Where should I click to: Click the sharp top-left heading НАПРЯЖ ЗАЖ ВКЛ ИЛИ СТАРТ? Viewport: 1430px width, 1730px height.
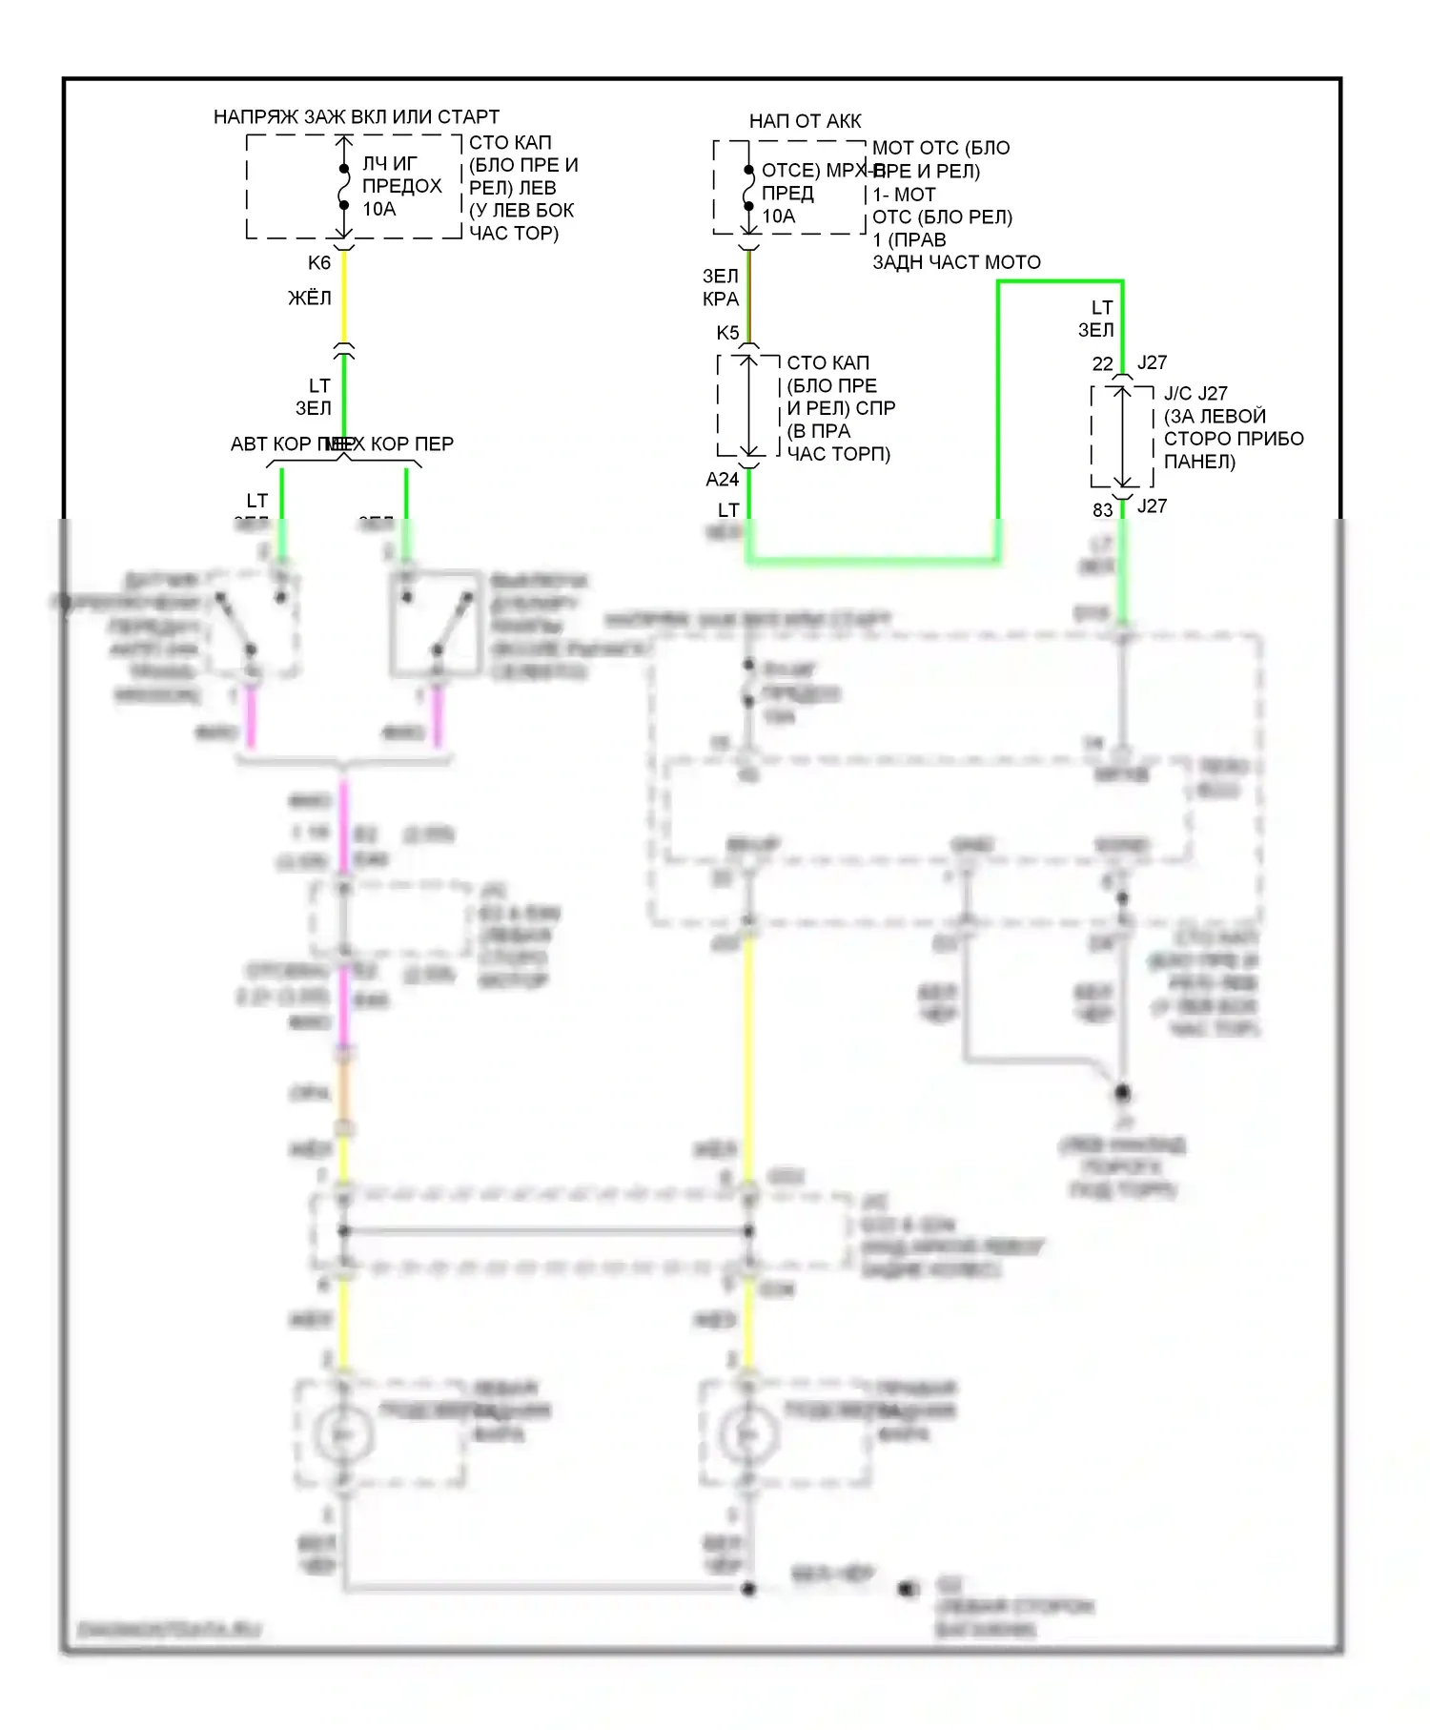[356, 117]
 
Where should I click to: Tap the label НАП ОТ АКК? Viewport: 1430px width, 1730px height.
[805, 121]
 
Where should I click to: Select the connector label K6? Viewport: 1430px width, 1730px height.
[319, 262]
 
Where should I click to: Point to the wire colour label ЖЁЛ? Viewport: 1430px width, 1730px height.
[310, 299]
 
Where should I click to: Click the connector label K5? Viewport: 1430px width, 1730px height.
[727, 333]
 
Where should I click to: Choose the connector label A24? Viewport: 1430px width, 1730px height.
[723, 480]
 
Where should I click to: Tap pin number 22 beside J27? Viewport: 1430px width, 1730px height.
[1102, 364]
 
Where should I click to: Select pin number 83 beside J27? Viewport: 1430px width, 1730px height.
[1102, 510]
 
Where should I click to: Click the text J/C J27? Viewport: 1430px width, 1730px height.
[1195, 394]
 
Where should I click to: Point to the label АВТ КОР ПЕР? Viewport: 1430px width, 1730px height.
[276, 444]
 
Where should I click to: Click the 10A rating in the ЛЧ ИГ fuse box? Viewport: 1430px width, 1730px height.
[378, 209]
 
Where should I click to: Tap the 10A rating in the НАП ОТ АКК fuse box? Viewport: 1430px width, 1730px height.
[778, 216]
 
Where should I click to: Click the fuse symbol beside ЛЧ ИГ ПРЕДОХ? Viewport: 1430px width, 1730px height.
[344, 187]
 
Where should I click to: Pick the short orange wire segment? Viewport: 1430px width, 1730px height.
[344, 1092]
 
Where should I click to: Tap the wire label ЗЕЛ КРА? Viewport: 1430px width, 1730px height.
[721, 287]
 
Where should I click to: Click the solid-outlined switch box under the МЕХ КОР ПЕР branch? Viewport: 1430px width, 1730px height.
[435, 622]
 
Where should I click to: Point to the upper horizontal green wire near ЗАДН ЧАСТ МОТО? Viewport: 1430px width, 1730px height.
[1058, 282]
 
